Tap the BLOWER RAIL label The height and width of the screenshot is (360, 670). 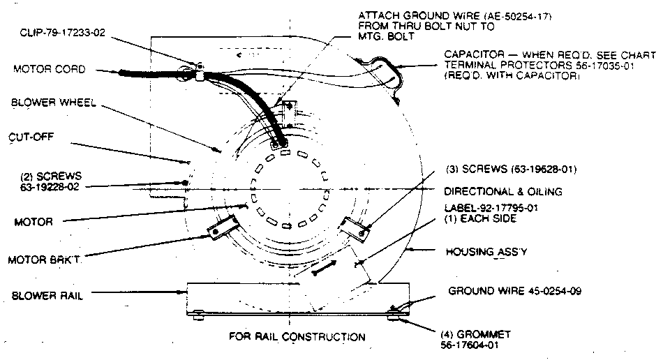coord(48,296)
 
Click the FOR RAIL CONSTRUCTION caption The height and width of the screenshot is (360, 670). coord(297,337)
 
